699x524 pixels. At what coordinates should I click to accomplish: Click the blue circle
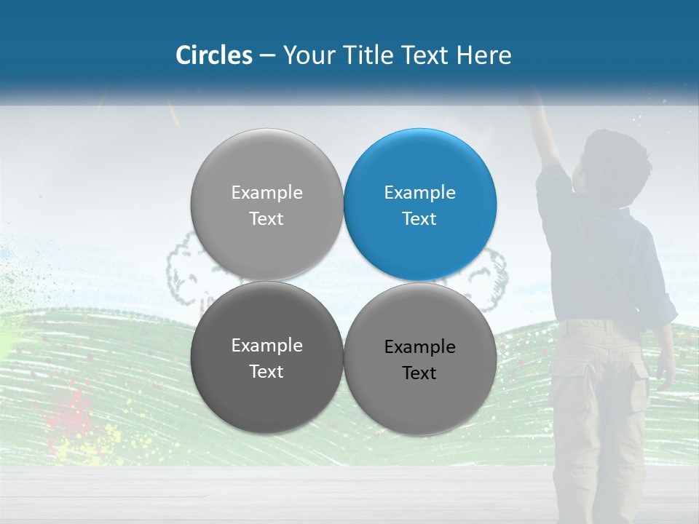(420, 205)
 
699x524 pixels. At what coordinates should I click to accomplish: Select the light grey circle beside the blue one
(266, 205)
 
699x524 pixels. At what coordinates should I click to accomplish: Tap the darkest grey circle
(266, 357)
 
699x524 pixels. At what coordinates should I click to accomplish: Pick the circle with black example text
(420, 359)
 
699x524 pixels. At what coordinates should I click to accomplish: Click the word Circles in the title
(213, 55)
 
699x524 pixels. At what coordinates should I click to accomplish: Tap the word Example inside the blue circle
(420, 193)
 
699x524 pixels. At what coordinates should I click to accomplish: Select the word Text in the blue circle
(419, 218)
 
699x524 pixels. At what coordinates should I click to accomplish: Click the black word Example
(420, 347)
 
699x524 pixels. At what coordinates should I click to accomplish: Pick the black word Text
(419, 373)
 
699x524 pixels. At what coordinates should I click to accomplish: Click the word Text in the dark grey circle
(266, 371)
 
